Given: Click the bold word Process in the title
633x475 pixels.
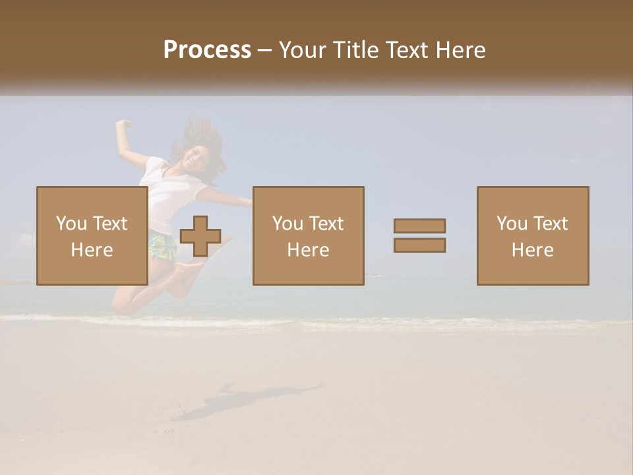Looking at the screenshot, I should coord(207,50).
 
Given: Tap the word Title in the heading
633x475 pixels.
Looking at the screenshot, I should coord(356,50).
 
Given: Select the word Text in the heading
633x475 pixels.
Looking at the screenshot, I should coord(410,50).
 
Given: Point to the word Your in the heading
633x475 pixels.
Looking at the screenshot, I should coord(303,50).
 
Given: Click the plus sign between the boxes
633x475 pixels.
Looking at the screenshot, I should coord(200,236).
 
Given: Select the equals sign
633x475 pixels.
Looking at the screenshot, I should coord(419,236).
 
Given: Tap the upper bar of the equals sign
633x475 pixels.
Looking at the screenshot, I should coord(419,226).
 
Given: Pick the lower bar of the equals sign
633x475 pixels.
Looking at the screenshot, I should coord(419,245).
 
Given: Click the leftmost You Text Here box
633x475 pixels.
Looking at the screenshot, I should coord(92,236).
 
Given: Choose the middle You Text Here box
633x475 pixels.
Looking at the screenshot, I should coord(308,236).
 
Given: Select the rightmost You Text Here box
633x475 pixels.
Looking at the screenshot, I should coord(532,236).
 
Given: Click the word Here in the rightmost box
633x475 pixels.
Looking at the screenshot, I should coord(532,249).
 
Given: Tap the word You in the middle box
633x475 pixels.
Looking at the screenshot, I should coord(287,224).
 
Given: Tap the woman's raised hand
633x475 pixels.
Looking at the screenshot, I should coord(123,124).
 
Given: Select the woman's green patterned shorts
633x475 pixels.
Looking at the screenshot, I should coord(163,245).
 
